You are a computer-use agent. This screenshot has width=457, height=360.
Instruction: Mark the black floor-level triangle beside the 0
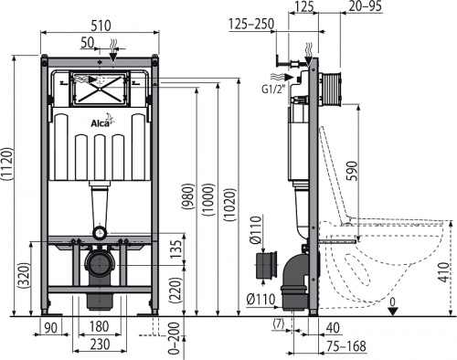pyautogui.click(x=393, y=310)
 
